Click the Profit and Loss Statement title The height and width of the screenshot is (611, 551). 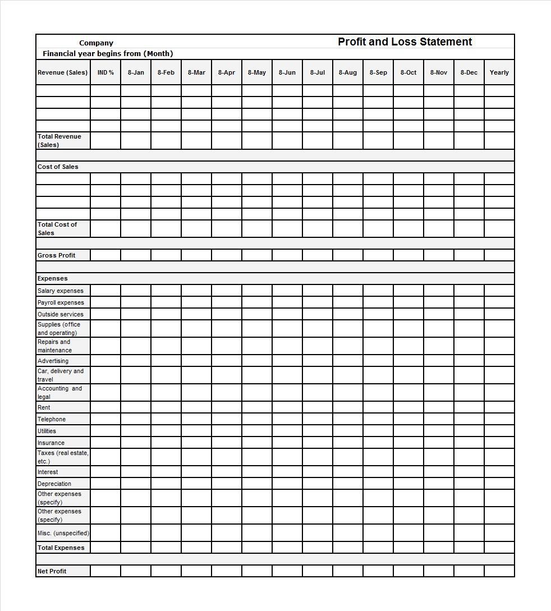405,42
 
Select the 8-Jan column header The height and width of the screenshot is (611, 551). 136,72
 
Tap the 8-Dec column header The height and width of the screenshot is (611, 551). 469,72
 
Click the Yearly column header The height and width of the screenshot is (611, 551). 499,72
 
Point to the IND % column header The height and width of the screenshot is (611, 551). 105,72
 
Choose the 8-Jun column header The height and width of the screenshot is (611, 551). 287,72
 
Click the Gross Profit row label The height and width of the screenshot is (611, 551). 56,255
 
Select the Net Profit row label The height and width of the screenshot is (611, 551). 52,571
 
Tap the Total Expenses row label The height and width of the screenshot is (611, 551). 61,548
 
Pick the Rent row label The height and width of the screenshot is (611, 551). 44,407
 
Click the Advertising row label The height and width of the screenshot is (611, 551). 53,361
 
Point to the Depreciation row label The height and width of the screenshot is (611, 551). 54,484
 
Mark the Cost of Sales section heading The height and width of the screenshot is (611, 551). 58,167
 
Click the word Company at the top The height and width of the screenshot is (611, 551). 96,43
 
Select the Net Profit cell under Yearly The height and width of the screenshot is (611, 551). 499,571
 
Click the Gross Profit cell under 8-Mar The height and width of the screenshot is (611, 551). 196,255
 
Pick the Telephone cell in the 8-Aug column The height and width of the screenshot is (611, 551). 348,419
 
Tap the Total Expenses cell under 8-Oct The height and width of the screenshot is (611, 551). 408,548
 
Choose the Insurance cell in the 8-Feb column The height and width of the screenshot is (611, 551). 166,443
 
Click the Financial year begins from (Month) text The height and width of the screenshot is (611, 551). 108,54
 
